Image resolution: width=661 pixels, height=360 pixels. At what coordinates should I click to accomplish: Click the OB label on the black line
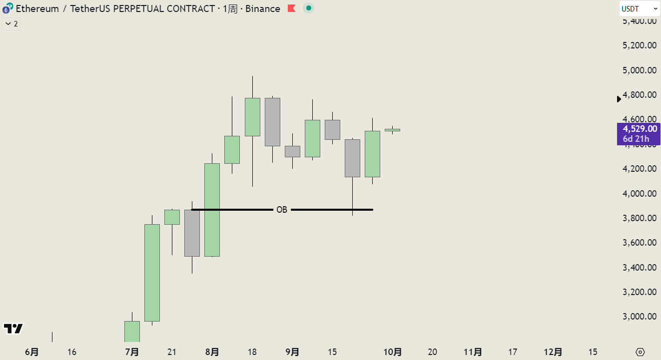(282, 210)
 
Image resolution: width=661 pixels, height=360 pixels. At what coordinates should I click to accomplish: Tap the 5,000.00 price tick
(640, 70)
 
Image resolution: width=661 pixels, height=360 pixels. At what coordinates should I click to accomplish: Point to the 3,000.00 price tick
(640, 317)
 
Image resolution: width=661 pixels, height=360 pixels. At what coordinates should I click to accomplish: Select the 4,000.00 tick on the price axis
(640, 194)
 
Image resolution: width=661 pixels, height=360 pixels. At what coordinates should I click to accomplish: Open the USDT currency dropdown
(640, 8)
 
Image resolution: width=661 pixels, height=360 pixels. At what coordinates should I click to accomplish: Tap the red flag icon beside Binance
(292, 8)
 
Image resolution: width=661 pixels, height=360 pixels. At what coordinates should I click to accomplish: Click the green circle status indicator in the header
(309, 8)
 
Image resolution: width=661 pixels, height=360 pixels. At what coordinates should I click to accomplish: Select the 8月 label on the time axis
(212, 352)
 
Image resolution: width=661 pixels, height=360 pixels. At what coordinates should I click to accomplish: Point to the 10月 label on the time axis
(393, 352)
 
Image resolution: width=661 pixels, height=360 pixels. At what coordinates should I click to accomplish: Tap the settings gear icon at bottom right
(641, 352)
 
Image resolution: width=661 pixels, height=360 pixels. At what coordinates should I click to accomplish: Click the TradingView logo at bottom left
(13, 329)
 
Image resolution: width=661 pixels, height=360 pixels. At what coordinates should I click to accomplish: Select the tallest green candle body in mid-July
(152, 273)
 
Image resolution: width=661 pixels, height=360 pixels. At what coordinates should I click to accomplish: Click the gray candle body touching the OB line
(192, 233)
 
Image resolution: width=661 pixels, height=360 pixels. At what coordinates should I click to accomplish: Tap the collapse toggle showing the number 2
(11, 24)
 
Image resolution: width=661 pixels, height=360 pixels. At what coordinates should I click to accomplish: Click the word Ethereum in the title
(37, 8)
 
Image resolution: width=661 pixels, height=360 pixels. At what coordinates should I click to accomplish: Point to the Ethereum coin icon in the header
(7, 8)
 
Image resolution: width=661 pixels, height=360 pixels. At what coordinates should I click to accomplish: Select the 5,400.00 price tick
(640, 21)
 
